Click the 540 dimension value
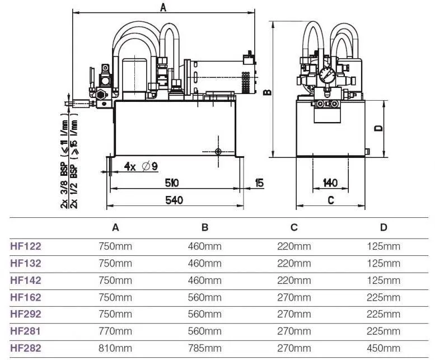(x=175, y=200)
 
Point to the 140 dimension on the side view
(x=330, y=183)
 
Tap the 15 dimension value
(x=259, y=183)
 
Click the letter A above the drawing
(x=163, y=7)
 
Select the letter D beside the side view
(x=378, y=128)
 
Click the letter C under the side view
(x=330, y=200)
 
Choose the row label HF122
(x=26, y=245)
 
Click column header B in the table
(x=205, y=227)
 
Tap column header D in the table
(x=383, y=227)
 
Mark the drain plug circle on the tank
(x=218, y=151)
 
